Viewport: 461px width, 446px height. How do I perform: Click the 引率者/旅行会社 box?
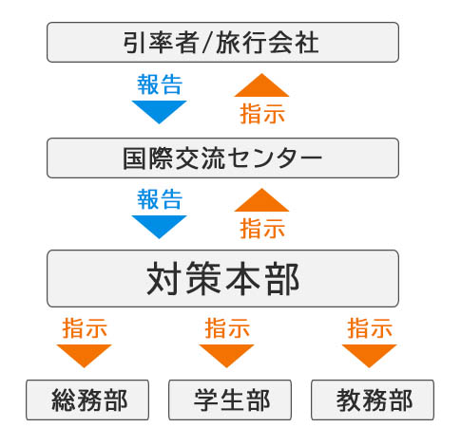pos(222,42)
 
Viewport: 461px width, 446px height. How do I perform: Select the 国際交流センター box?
pos(222,158)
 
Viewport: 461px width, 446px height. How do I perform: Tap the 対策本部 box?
pos(222,278)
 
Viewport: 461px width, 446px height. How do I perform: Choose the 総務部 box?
pos(87,400)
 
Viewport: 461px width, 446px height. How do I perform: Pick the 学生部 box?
pos(230,400)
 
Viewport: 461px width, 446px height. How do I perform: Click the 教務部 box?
pos(373,400)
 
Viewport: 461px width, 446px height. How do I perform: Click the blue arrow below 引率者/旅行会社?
pos(159,112)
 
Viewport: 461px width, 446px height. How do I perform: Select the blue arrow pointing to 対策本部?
pos(159,227)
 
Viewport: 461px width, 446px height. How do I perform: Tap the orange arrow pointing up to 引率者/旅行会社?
pos(261,85)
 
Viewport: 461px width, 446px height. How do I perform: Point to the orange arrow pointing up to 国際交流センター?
pos(261,200)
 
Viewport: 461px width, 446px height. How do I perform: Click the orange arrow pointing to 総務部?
pos(84,356)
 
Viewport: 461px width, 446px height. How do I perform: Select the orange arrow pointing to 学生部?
pos(226,356)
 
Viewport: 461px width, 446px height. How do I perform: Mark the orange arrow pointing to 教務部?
pos(370,356)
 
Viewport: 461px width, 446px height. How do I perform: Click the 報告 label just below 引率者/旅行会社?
pos(160,84)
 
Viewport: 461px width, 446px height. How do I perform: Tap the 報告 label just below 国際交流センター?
pos(160,199)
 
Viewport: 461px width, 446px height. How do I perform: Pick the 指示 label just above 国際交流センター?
pos(262,114)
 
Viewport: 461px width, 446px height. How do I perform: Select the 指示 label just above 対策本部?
pos(262,229)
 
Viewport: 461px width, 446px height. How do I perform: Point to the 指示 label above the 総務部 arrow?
pos(85,328)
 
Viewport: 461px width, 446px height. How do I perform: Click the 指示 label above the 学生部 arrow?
pos(227,328)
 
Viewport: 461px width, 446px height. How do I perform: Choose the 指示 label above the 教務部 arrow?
pos(370,328)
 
